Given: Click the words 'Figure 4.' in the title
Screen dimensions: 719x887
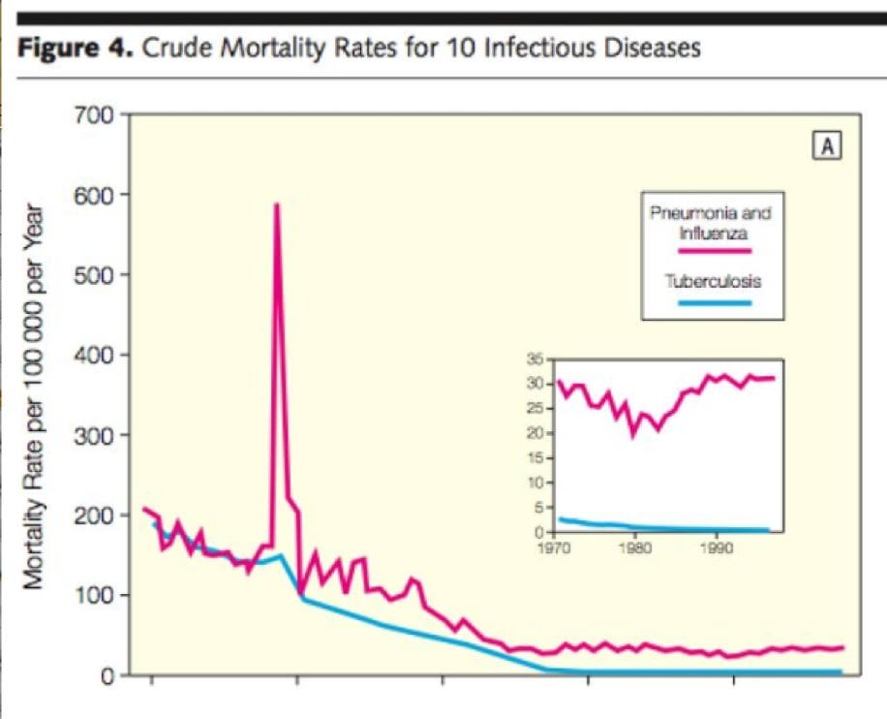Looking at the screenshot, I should click(x=76, y=48).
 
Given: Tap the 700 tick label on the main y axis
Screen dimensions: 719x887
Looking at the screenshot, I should click(x=96, y=114).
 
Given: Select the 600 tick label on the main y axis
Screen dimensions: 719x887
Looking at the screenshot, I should click(x=96, y=195).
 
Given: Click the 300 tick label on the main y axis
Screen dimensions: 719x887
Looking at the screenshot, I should click(x=96, y=435).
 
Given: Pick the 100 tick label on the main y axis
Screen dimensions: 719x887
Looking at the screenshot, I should click(x=96, y=595).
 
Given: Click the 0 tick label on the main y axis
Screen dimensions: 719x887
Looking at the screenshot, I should click(x=109, y=675).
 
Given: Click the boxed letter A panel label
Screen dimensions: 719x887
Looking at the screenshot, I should click(x=829, y=146).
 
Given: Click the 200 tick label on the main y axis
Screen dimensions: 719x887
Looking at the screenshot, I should click(x=96, y=516).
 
